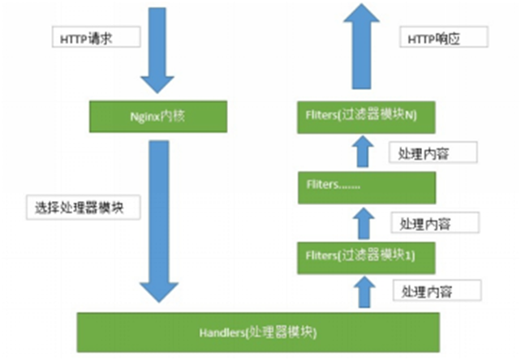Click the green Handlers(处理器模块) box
(x=257, y=332)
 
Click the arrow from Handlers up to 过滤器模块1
(x=364, y=293)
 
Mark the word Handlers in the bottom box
(x=217, y=332)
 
